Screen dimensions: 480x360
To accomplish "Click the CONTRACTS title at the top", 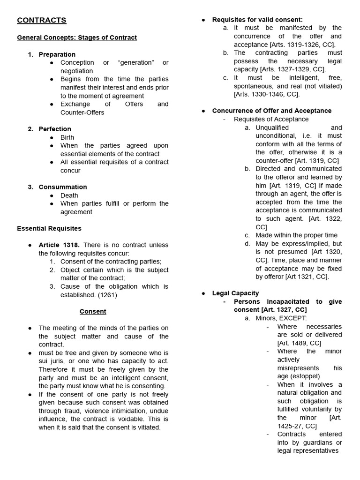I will pyautogui.click(x=42, y=20).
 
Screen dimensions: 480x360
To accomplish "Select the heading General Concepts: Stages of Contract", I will pyautogui.click(x=77, y=37).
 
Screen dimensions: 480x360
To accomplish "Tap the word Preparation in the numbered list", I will pyautogui.click(x=57, y=54).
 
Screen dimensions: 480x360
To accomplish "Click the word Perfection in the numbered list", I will pyautogui.click(x=55, y=129).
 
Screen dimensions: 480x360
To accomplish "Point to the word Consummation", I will pyautogui.click(x=63, y=187).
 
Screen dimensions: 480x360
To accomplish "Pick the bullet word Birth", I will pyautogui.click(x=67, y=137).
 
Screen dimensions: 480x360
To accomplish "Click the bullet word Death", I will pyautogui.click(x=69, y=195).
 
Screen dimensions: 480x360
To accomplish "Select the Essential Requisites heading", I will pyautogui.click(x=49, y=228).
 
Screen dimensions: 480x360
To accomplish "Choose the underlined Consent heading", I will pyautogui.click(x=93, y=311).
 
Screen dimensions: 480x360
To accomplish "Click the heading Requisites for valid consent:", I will pyautogui.click(x=257, y=20).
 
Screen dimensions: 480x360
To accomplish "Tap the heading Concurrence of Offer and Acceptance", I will pyautogui.click(x=271, y=111).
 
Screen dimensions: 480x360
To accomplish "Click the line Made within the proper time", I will pyautogui.click(x=296, y=235).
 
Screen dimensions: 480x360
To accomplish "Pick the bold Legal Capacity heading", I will pyautogui.click(x=235, y=293).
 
